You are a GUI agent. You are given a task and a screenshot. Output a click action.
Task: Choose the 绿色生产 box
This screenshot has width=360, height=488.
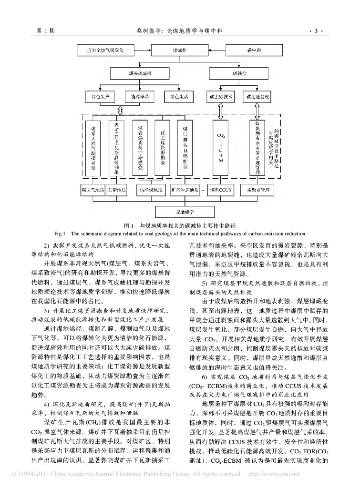(100, 96)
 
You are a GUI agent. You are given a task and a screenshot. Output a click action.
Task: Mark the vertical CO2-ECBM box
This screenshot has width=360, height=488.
(221, 148)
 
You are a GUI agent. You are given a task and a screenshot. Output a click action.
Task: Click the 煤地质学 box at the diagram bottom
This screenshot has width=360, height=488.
(179, 210)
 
